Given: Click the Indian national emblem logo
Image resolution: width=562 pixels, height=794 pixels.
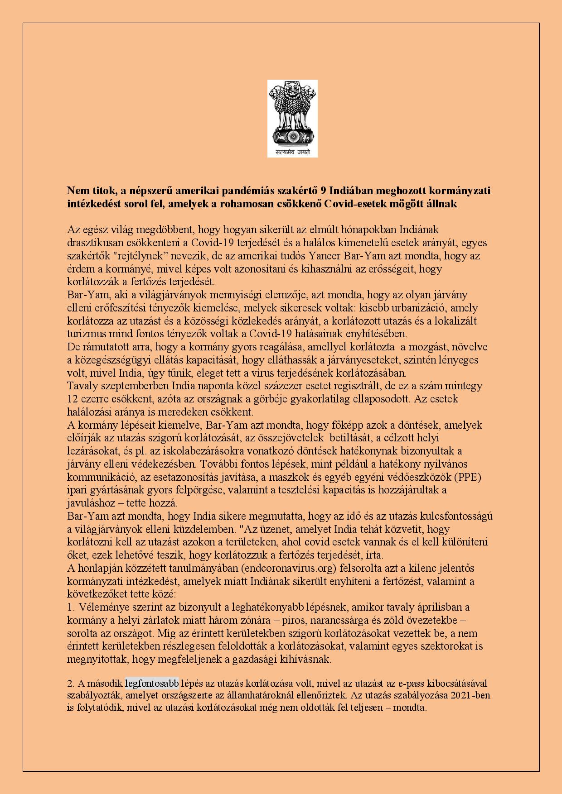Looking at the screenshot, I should pyautogui.click(x=292, y=113).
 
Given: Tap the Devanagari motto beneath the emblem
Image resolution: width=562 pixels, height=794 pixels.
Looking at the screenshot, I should pyautogui.click(x=292, y=152).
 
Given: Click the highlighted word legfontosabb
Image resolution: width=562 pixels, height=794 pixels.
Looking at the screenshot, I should pyautogui.click(x=152, y=683).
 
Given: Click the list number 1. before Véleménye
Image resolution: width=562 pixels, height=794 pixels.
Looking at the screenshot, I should pyautogui.click(x=71, y=607).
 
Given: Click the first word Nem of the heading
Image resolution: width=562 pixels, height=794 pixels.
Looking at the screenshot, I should pyautogui.click(x=76, y=191).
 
